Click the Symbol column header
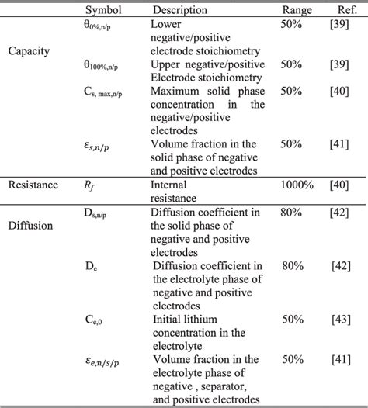pyautogui.click(x=103, y=10)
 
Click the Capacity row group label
pyautogui.click(x=28, y=51)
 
